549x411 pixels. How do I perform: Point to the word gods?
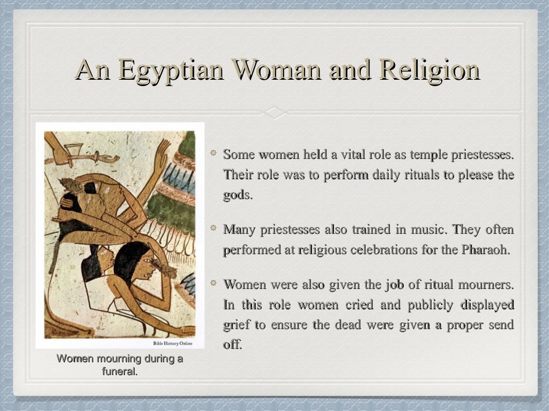pyautogui.click(x=237, y=195)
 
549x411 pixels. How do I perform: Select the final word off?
pyautogui.click(x=232, y=345)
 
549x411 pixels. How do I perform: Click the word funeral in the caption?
pyautogui.click(x=120, y=371)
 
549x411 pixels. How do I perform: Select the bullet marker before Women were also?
pyautogui.click(x=213, y=283)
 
